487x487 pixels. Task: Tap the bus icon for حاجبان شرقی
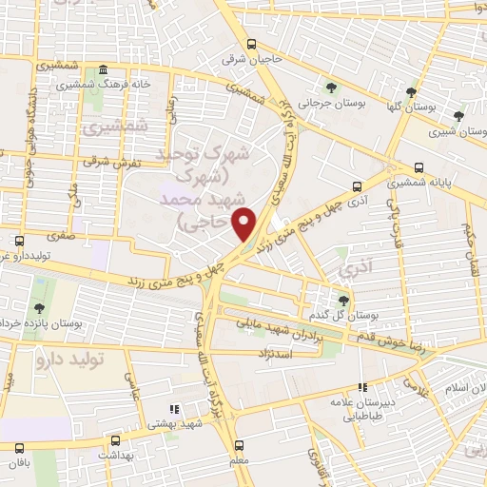pos(251,44)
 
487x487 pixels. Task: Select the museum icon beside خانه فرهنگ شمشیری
pos(102,70)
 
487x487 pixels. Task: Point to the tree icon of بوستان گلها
pos(411,93)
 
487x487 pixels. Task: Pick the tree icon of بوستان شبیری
pos(458,117)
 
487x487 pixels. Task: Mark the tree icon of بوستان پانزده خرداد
pos(39,308)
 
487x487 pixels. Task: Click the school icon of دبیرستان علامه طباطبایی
pos(361,387)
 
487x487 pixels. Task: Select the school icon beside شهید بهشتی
pos(173,409)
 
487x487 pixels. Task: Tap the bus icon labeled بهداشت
pos(115,441)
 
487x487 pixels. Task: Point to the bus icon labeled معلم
pos(238,443)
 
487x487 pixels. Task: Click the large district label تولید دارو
pos(67,360)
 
